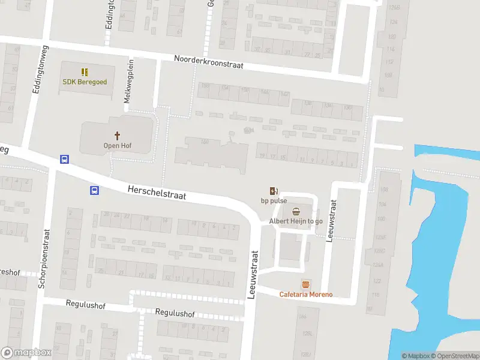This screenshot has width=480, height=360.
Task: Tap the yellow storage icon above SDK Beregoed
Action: pyautogui.click(x=85, y=71)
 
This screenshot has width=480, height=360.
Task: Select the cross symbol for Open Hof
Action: pyautogui.click(x=118, y=136)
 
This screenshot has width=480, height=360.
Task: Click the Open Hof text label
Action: pyautogui.click(x=118, y=146)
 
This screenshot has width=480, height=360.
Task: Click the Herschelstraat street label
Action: pyautogui.click(x=157, y=192)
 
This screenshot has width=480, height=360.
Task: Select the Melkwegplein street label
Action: pyautogui.click(x=127, y=81)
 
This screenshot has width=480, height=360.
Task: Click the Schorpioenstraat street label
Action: pyautogui.click(x=42, y=259)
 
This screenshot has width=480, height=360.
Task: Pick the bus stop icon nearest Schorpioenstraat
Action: pyautogui.click(x=64, y=160)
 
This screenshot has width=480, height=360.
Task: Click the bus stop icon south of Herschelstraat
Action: pyautogui.click(x=94, y=191)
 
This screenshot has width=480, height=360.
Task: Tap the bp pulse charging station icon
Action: pyautogui.click(x=274, y=190)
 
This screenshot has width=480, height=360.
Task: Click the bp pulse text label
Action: pyautogui.click(x=274, y=200)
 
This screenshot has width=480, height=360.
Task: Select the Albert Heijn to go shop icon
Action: pyautogui.click(x=296, y=211)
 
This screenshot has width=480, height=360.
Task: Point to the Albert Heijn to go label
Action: pyautogui.click(x=296, y=221)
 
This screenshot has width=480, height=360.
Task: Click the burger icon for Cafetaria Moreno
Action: pyautogui.click(x=306, y=284)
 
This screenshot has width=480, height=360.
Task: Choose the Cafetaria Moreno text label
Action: pyautogui.click(x=306, y=294)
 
